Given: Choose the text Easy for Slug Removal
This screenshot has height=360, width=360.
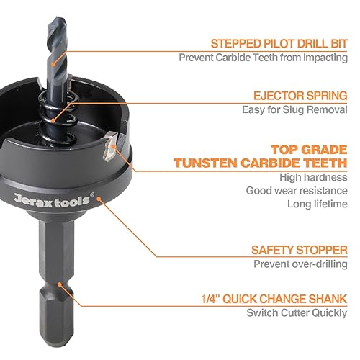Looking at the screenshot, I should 295,109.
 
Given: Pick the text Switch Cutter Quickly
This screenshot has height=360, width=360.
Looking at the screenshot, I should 297,313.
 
